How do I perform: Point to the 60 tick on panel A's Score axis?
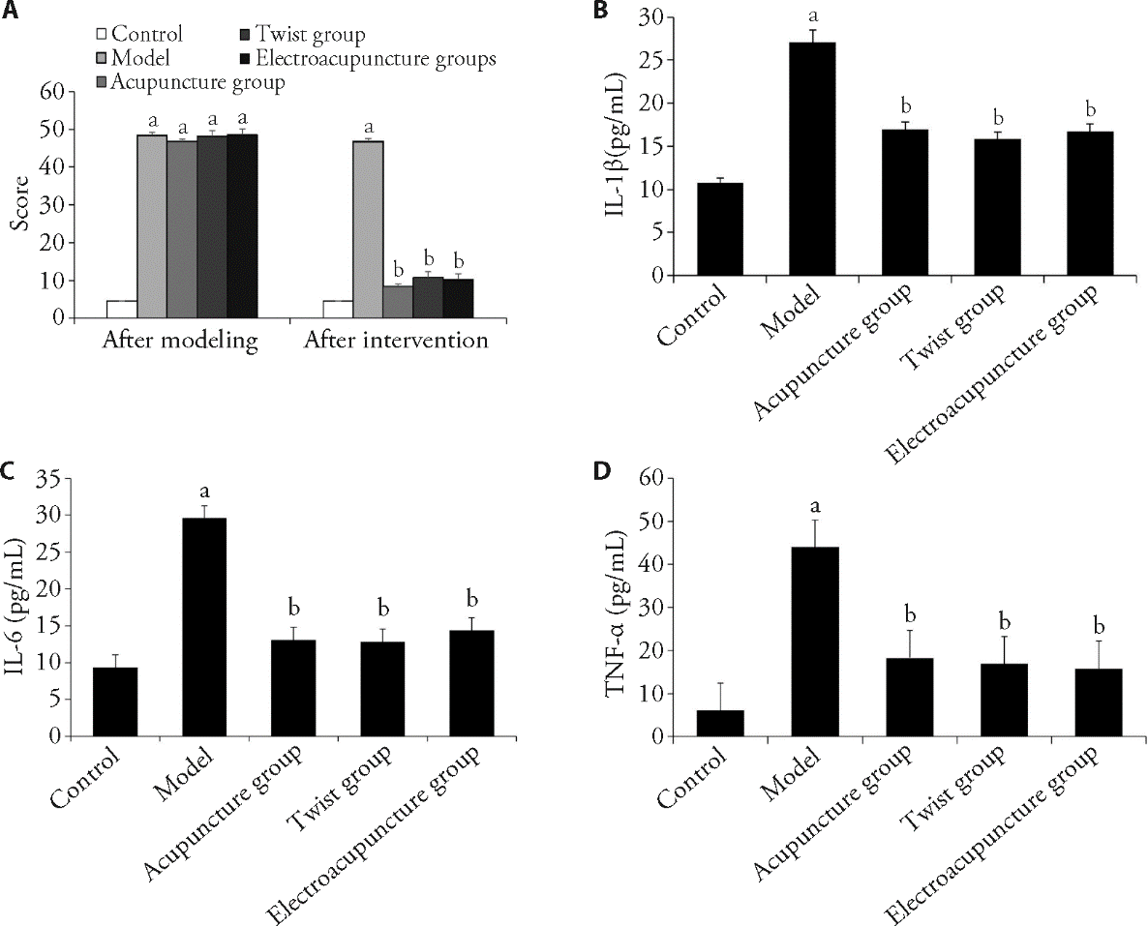61,92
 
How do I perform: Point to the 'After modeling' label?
182,342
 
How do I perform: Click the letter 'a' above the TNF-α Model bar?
816,506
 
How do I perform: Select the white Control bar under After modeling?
121,309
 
